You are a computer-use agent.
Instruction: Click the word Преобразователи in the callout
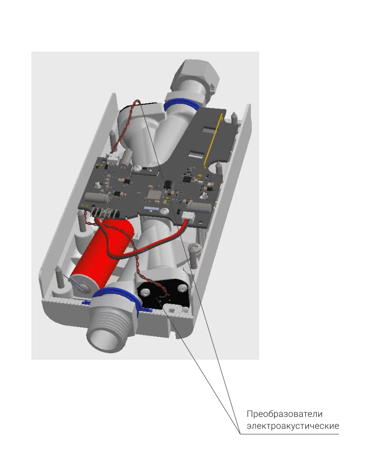tap(284, 414)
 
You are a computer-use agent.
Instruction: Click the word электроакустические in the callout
tap(292, 426)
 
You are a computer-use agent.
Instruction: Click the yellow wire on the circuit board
tap(213, 140)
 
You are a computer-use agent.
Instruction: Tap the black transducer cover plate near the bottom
tap(163, 295)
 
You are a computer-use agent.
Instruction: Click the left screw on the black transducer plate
tap(144, 292)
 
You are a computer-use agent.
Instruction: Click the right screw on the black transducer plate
tap(182, 288)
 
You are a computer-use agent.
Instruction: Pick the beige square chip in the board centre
tap(154, 194)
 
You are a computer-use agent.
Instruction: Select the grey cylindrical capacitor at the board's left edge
tap(96, 197)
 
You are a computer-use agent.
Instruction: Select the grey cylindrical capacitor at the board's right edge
tap(199, 207)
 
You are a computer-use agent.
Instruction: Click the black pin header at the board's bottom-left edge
tap(104, 213)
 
